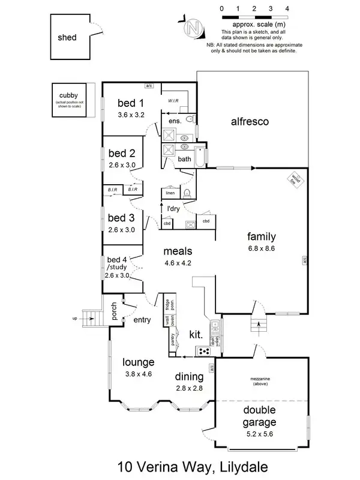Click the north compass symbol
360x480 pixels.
coord(192,28)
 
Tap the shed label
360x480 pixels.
coord(67,37)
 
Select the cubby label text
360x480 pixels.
coord(68,95)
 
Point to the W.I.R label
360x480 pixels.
coord(175,100)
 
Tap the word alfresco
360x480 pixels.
coord(249,122)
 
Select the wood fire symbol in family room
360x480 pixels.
coord(295,178)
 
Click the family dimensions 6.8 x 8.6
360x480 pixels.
coord(262,248)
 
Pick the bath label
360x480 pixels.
coord(184,159)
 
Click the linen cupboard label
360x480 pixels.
coord(170,193)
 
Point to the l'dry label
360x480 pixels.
coord(174,209)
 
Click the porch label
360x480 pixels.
coord(113,311)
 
